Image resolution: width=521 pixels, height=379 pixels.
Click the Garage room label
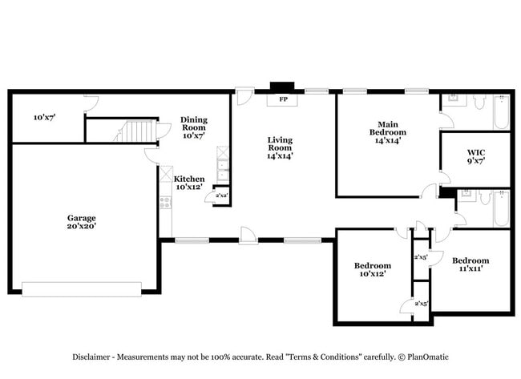(x=82, y=222)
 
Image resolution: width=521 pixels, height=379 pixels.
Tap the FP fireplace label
(x=283, y=99)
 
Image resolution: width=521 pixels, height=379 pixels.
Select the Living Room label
(x=280, y=147)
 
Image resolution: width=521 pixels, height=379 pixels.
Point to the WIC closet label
(x=476, y=157)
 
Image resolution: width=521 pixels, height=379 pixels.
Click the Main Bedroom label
(x=388, y=132)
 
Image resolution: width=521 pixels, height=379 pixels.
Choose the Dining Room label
(x=194, y=127)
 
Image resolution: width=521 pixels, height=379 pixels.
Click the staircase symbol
(x=135, y=131)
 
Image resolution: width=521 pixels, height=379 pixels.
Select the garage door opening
(x=82, y=289)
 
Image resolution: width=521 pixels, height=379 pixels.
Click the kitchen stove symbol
(x=166, y=203)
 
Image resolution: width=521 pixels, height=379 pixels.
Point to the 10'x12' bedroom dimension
(x=373, y=274)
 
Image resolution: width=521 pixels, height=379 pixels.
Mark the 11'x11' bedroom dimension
(x=471, y=268)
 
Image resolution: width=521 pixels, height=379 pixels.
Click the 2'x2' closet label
(x=221, y=196)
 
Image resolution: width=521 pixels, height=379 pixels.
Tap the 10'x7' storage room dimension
(x=45, y=117)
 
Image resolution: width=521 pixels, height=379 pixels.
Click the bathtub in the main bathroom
(x=502, y=112)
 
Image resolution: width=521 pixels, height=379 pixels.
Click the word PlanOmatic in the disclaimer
(x=428, y=357)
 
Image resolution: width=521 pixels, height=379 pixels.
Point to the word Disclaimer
(x=91, y=357)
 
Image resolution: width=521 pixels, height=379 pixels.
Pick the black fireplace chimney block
(x=282, y=86)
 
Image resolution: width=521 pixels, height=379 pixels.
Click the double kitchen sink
(x=223, y=169)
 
